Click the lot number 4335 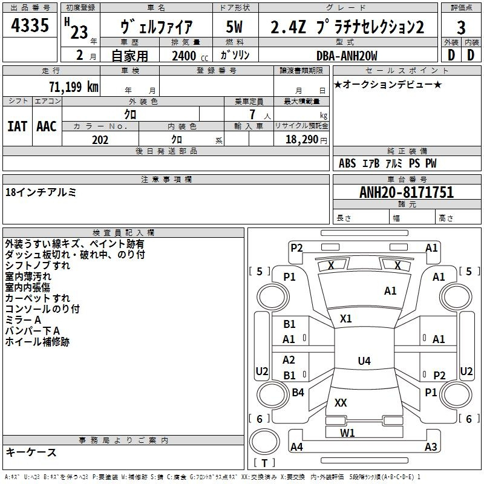tap(30, 25)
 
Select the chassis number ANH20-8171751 tap(406, 192)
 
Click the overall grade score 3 tap(461, 27)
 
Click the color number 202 tap(100, 140)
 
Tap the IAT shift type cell tap(18, 126)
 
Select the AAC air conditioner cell tap(47, 126)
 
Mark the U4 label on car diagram tap(364, 361)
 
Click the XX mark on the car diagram tap(341, 402)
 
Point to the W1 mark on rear tap(347, 433)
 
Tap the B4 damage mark tap(298, 393)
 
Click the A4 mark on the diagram tap(296, 447)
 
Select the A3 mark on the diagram tap(430, 447)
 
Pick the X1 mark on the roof tap(346, 318)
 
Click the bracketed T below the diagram tap(264, 463)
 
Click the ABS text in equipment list tap(347, 163)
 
